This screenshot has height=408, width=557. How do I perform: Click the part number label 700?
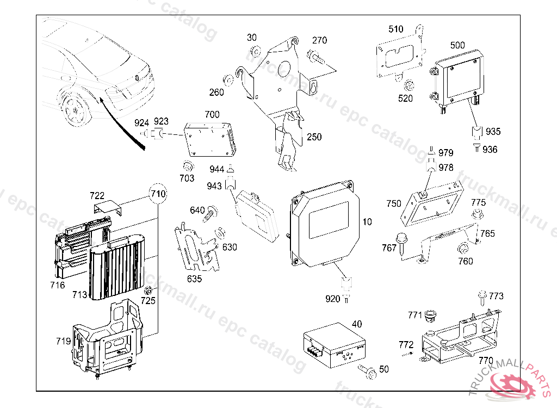[x=212, y=115]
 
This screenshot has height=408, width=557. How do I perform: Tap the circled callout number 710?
[x=158, y=194]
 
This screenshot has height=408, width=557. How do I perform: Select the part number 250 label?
[x=314, y=137]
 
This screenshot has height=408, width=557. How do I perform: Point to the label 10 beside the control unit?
[x=367, y=222]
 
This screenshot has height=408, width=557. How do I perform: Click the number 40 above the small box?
[x=357, y=324]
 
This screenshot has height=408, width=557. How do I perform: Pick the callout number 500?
[x=457, y=45]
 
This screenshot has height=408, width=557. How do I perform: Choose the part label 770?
[x=485, y=360]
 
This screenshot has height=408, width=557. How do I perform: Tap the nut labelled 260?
[x=230, y=80]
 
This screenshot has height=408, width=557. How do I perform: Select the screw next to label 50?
[x=367, y=371]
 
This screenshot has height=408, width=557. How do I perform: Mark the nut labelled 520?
[x=409, y=85]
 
